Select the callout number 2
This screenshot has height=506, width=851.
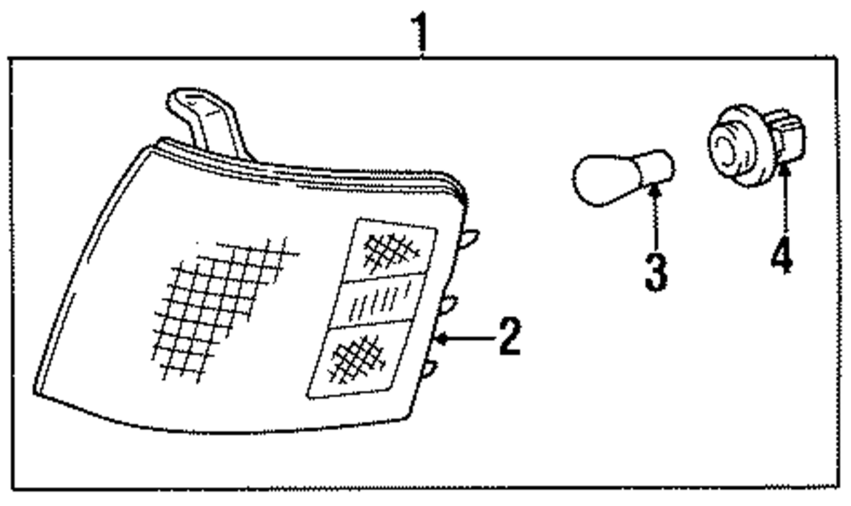508,338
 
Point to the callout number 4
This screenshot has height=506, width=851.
781,255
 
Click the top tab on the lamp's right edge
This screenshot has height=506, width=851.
469,237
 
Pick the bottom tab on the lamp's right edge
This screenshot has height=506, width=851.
430,368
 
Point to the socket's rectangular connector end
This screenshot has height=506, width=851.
791,141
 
